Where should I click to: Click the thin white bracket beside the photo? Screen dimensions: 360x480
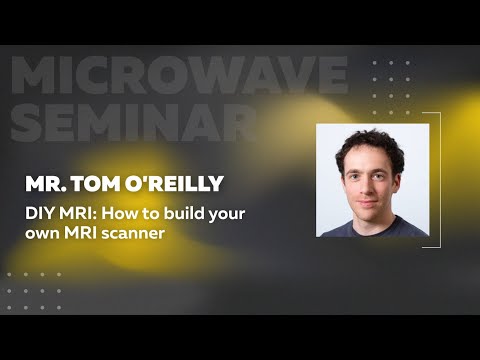tap(438, 180)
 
